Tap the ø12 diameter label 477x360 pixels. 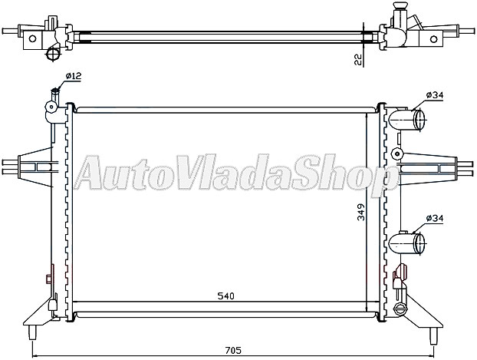[74, 75]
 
